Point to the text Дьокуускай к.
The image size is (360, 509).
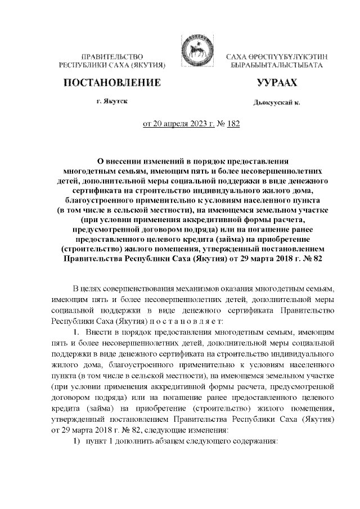[x=277, y=103]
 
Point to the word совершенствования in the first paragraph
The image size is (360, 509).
[x=142, y=289]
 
